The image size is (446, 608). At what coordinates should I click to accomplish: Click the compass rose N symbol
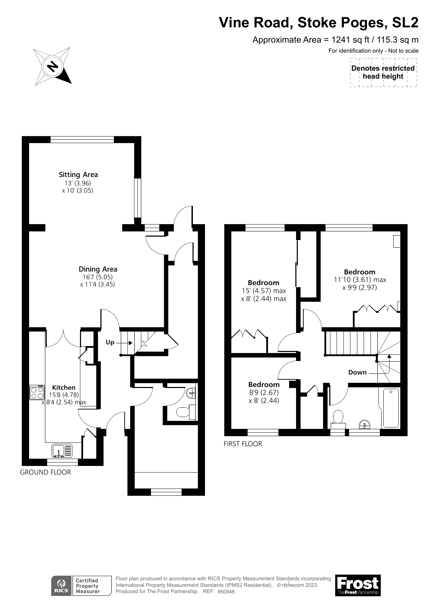(53, 66)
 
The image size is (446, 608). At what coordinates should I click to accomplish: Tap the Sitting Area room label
(78, 175)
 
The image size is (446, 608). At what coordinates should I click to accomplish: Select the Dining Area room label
(98, 269)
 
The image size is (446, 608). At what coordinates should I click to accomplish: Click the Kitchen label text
(64, 387)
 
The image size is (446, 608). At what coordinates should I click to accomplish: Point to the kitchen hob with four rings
(37, 393)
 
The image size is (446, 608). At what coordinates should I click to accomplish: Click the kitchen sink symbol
(63, 451)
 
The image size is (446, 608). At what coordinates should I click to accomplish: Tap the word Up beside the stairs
(110, 342)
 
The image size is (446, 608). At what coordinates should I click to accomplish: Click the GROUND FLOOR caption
(45, 472)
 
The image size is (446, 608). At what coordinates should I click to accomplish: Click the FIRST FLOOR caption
(243, 444)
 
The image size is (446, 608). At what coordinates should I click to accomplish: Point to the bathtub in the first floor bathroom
(391, 408)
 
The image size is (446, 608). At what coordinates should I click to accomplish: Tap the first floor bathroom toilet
(338, 417)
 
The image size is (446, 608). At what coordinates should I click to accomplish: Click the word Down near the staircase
(357, 372)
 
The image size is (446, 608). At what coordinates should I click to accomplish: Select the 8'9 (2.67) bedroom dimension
(264, 393)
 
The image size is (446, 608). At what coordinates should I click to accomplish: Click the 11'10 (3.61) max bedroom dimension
(360, 280)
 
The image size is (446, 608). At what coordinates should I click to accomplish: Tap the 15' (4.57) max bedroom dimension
(264, 291)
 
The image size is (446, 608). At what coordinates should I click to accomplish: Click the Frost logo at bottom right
(358, 585)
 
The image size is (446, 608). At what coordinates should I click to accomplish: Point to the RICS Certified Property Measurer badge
(82, 585)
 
